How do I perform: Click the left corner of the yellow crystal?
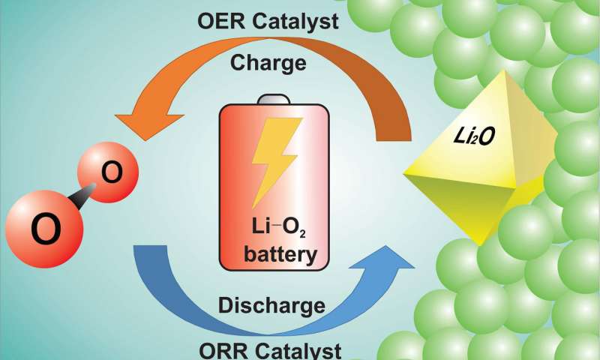click(406, 174)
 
